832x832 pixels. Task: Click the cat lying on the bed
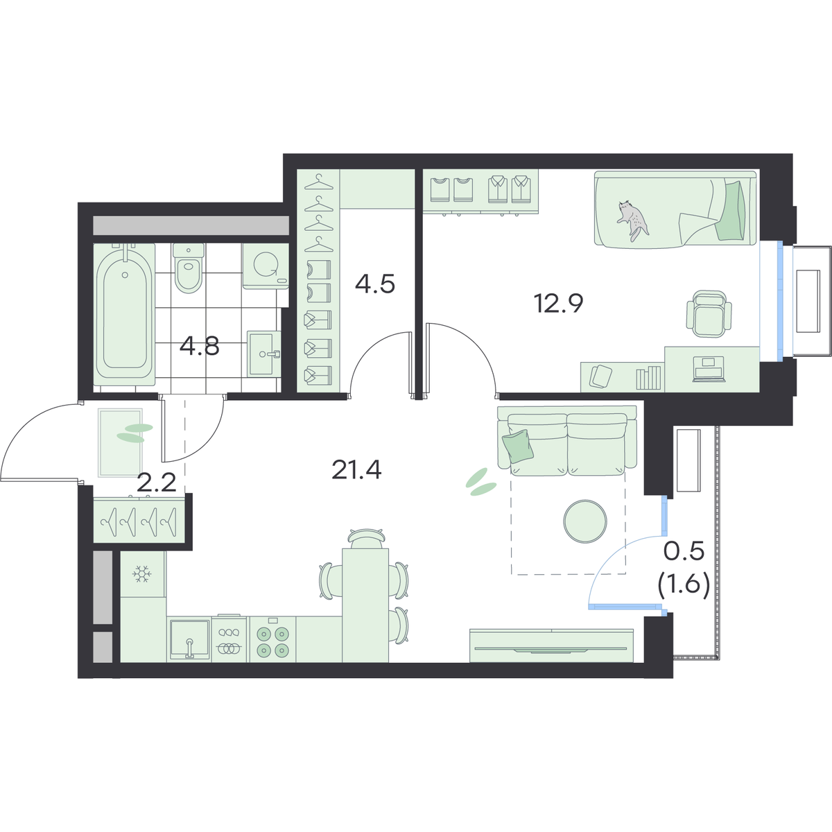tap(633, 219)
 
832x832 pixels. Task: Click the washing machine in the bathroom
tap(266, 266)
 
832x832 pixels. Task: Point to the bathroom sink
tap(263, 353)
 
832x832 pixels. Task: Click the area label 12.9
tap(559, 303)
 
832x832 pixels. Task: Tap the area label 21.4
tap(356, 470)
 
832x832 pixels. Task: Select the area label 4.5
tap(375, 284)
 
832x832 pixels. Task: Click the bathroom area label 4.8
tap(200, 346)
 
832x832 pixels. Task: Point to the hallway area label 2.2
tap(156, 483)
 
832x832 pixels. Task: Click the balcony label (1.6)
tap(684, 588)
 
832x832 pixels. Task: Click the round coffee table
tap(585, 521)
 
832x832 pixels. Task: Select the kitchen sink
tap(189, 639)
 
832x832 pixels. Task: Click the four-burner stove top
tap(272, 641)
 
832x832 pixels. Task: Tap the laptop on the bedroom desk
tap(708, 370)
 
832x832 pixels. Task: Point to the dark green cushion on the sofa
tap(518, 446)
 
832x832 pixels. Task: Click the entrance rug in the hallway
tap(121, 442)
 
